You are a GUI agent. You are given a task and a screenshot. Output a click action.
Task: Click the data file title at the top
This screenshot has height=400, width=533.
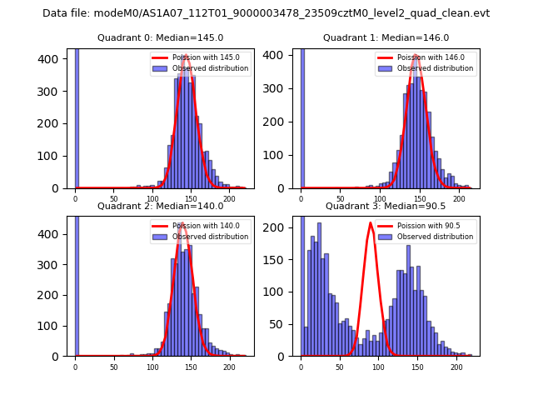266,13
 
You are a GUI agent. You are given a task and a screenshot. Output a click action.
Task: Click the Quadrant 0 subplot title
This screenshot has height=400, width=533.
160,37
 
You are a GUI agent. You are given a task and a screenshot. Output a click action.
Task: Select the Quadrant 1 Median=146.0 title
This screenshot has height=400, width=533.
386,37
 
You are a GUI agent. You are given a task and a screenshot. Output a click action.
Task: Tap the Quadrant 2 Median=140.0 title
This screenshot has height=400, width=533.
160,206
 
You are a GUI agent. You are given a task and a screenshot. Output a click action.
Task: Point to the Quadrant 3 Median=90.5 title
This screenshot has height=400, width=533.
386,206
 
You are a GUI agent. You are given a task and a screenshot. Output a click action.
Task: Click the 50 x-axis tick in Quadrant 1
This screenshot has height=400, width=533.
341,197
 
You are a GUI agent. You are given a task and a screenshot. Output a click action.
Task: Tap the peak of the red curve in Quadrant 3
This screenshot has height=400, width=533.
371,222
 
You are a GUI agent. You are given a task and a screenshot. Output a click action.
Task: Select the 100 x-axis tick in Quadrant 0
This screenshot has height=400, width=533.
152,197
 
